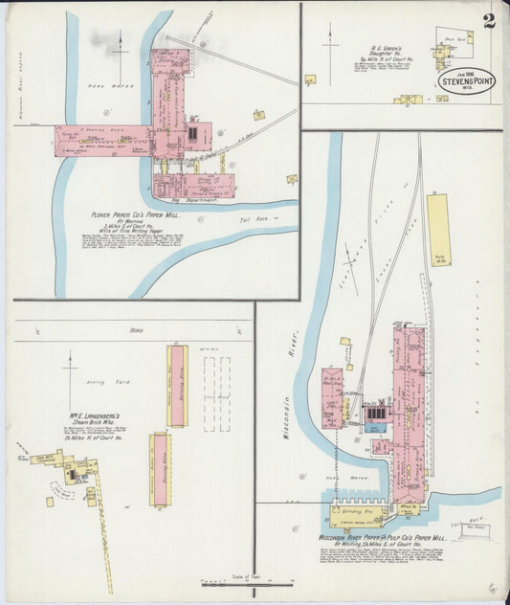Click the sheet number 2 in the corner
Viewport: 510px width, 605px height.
[x=489, y=22]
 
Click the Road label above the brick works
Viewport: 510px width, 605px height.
[x=135, y=328]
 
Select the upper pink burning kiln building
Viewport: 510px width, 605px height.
[x=178, y=385]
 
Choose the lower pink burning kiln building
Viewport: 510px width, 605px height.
[x=159, y=466]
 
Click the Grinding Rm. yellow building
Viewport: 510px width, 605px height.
[x=357, y=518]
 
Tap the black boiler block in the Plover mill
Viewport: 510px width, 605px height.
[x=193, y=133]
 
